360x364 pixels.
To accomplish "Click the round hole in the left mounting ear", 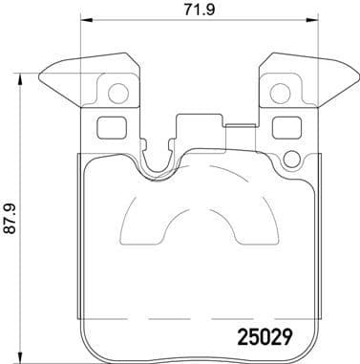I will point(116,94).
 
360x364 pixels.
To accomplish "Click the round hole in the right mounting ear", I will point(281,94).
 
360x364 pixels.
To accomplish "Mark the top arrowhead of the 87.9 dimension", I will point(21,69).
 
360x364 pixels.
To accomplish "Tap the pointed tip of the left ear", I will point(39,77).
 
